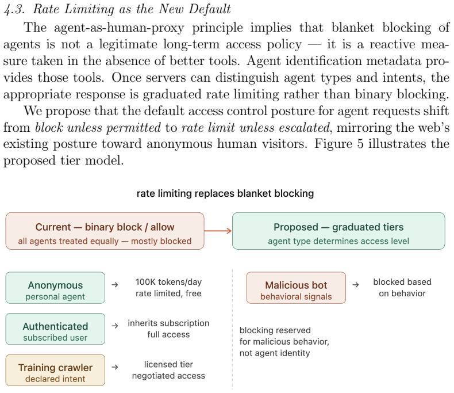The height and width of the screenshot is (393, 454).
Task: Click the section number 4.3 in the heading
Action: pos(14,10)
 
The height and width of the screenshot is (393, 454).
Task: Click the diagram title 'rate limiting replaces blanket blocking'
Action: pos(225,193)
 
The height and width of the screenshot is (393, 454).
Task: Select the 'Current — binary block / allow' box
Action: pos(105,231)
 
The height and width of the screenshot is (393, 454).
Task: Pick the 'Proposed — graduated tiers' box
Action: pos(338,231)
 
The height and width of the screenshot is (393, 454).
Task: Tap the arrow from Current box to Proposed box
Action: pos(218,231)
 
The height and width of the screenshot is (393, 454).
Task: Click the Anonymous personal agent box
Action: pos(55,288)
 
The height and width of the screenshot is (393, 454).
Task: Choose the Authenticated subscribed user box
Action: pos(55,329)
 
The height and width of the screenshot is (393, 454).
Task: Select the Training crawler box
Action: pos(55,370)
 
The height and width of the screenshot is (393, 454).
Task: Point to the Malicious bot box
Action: pos(296,288)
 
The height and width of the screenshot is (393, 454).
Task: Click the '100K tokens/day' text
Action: pos(168,282)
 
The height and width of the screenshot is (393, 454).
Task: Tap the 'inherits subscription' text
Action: pos(168,323)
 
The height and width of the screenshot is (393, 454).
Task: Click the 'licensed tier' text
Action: pos(168,364)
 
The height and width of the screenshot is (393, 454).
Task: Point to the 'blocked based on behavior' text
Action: pos(402,288)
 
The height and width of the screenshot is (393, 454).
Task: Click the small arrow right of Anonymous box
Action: pos(115,285)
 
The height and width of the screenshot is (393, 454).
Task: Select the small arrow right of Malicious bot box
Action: pos(356,285)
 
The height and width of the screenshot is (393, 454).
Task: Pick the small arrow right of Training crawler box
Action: pos(115,367)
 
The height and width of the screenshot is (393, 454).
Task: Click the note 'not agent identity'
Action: pos(275,353)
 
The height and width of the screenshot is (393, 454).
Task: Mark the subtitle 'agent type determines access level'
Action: pos(338,241)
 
